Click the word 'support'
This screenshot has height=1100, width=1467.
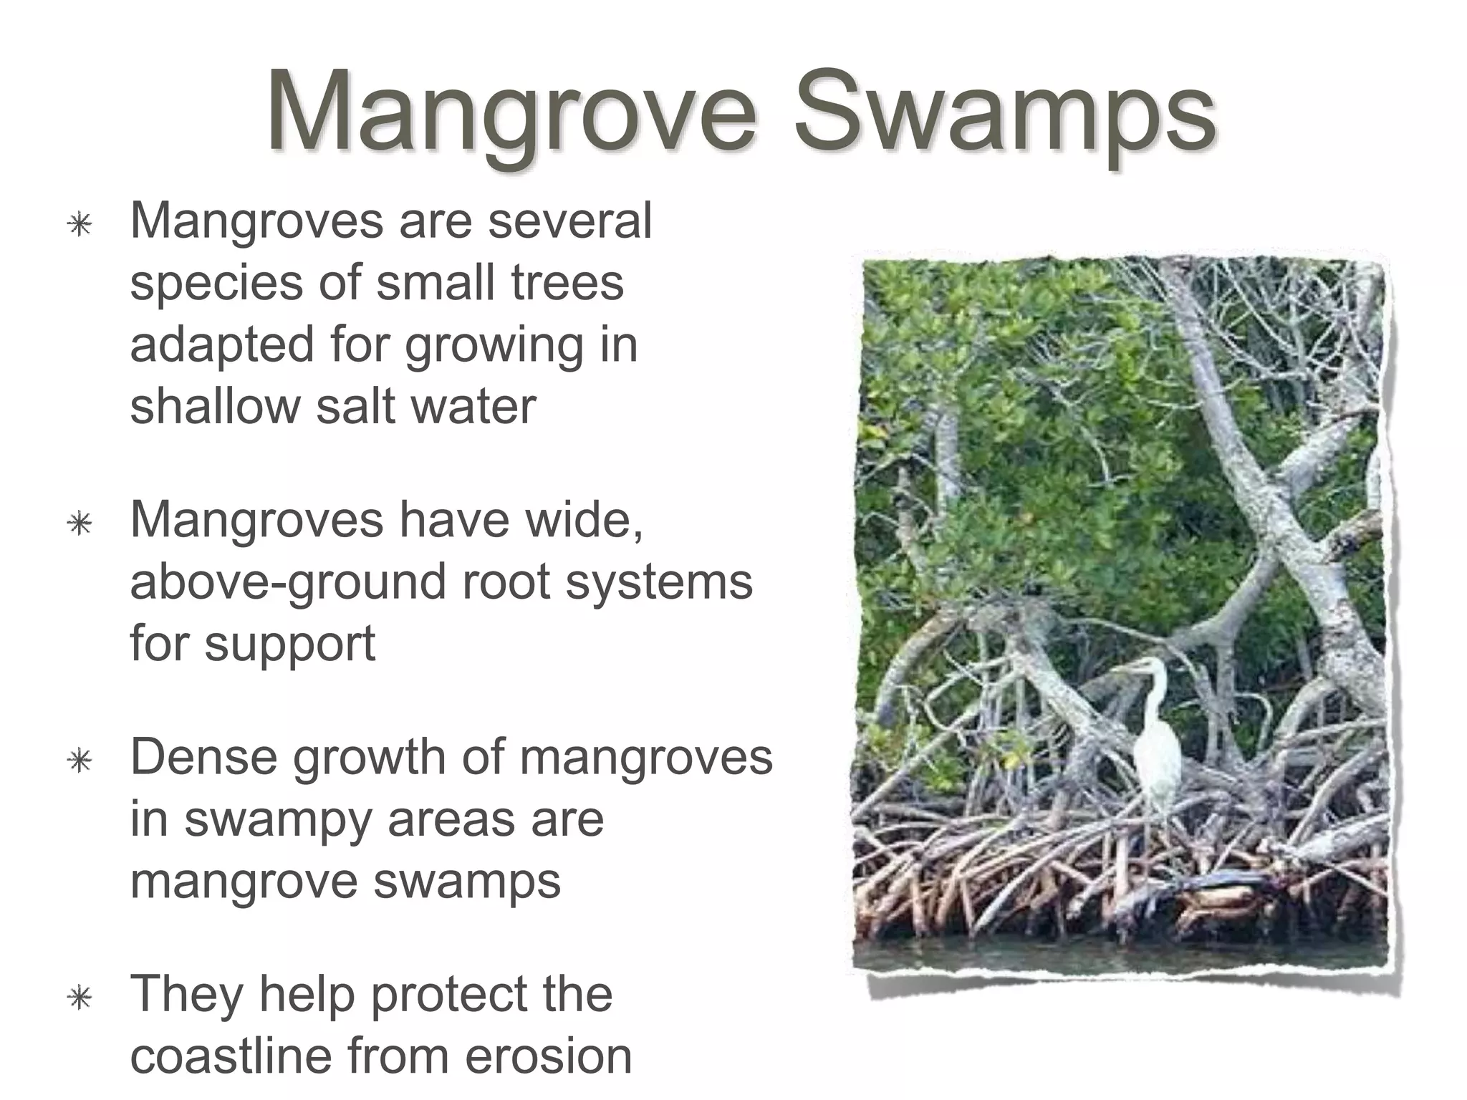(289, 645)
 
